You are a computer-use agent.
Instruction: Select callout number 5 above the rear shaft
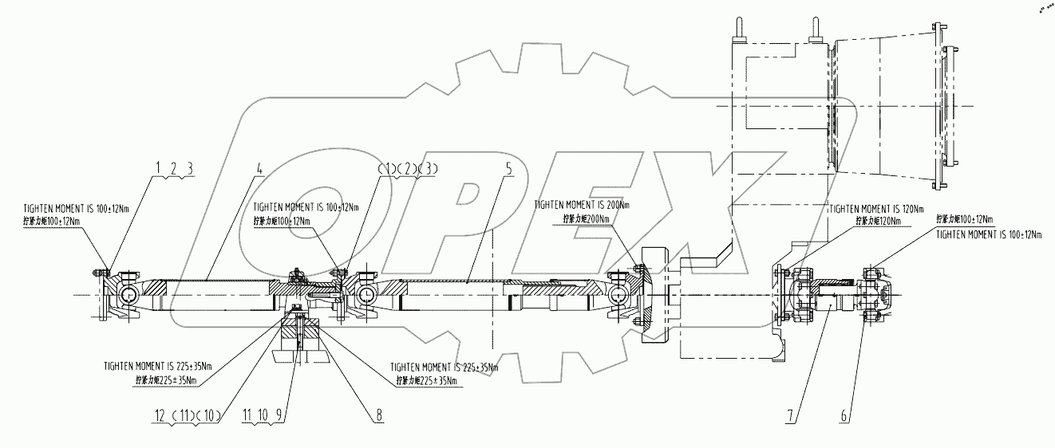(508, 170)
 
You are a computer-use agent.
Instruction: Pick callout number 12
(160, 415)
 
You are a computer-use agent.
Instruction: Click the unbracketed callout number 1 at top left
(158, 167)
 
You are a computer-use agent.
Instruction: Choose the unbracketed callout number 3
(190, 167)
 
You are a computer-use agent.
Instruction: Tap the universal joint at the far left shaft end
(125, 297)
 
